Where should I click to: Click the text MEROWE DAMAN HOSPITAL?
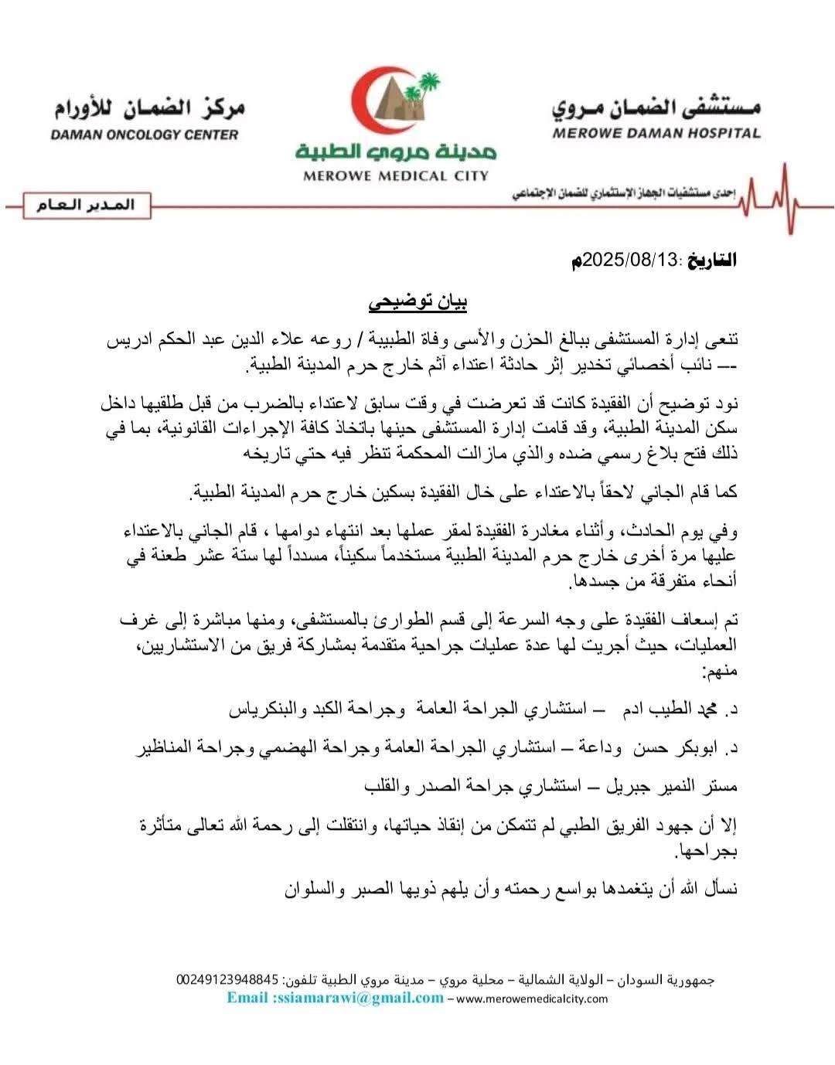656,133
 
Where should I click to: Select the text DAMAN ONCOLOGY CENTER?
145,134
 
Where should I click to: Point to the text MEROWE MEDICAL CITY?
396,175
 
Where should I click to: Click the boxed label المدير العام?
85,204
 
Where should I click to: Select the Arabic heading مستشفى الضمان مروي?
656,107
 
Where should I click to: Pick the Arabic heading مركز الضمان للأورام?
149,107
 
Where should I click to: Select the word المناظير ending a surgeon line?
166,747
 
